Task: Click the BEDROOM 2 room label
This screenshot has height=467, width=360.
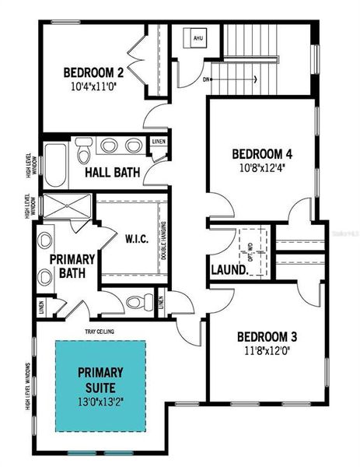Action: point(95,74)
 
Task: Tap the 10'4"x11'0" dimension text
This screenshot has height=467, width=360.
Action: point(95,88)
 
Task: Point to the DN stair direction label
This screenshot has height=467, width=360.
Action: point(205,79)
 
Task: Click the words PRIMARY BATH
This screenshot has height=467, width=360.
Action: point(72,265)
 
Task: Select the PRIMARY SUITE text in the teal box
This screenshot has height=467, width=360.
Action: point(101,377)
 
